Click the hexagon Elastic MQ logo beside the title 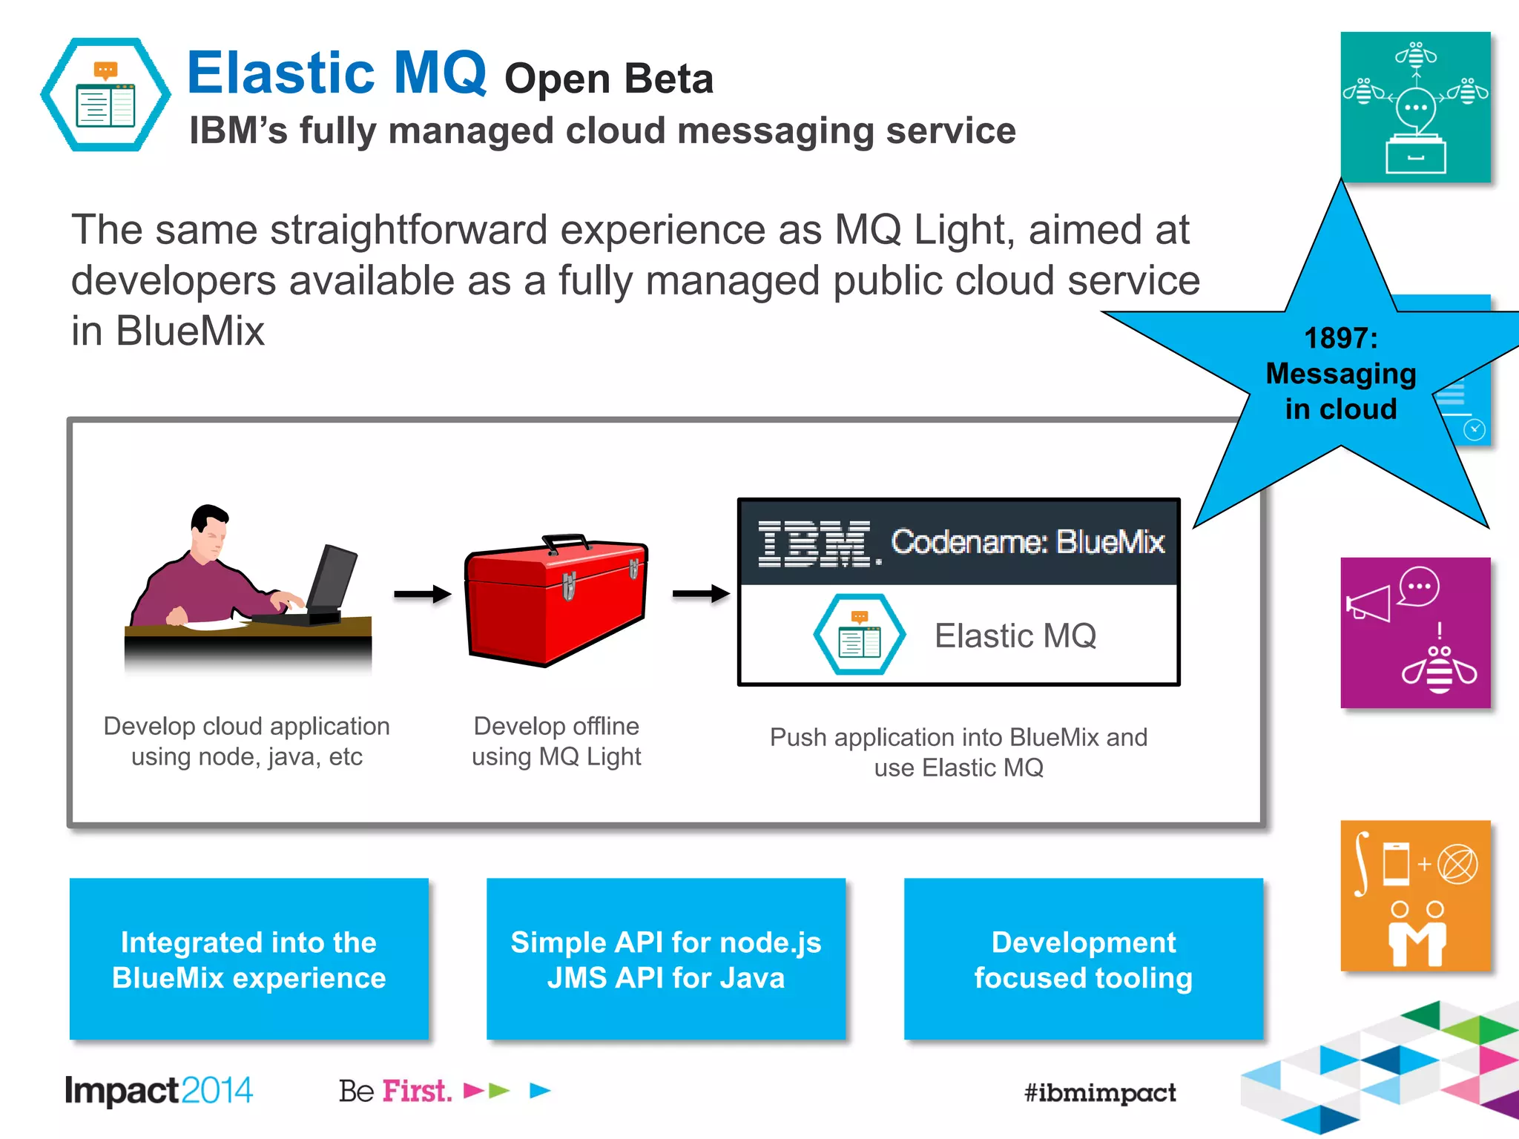105,95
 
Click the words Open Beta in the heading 608,79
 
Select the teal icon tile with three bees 1415,107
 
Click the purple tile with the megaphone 1415,633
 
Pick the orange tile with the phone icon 1415,896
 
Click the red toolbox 556,604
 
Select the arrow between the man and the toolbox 422,593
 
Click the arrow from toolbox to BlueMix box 701,593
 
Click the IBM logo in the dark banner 816,544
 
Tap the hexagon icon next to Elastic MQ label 859,635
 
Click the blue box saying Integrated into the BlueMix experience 249,959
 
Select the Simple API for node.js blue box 666,959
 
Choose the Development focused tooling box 1083,959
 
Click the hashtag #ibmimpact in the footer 1100,1092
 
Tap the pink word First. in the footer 417,1091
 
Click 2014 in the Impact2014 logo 217,1091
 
